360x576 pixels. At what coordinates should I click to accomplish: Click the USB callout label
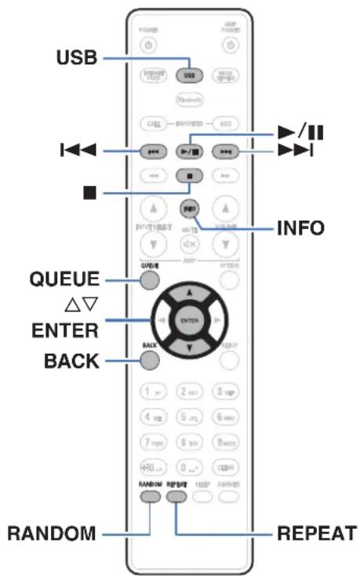click(x=76, y=58)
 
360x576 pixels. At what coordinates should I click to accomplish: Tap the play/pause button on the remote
click(x=189, y=149)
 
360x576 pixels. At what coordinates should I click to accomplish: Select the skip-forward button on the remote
click(x=225, y=149)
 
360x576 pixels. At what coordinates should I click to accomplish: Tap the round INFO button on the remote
click(x=189, y=208)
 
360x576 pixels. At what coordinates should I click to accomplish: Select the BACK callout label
click(x=71, y=360)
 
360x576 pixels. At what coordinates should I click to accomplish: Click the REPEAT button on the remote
click(x=176, y=496)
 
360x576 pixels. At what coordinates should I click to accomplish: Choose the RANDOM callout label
click(x=51, y=534)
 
